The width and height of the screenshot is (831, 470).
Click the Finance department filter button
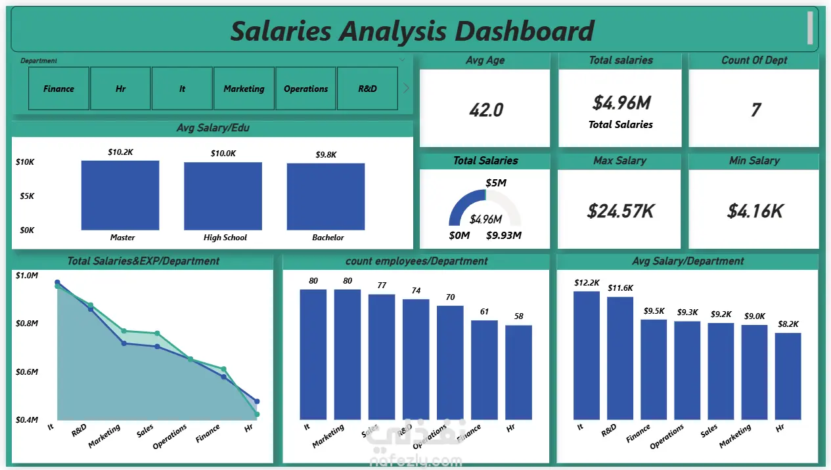pyautogui.click(x=58, y=89)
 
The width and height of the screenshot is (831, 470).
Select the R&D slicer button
pyautogui.click(x=367, y=89)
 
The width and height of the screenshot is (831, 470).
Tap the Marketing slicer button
pyautogui.click(x=244, y=89)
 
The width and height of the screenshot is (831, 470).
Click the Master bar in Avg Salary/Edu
pyautogui.click(x=120, y=195)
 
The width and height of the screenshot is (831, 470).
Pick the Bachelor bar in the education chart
pyautogui.click(x=326, y=196)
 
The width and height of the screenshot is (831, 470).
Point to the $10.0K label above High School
pyautogui.click(x=223, y=154)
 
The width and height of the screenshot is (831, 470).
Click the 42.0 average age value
pyautogui.click(x=486, y=110)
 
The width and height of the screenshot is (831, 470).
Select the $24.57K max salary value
pyautogui.click(x=619, y=211)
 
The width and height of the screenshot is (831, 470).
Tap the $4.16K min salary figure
pyautogui.click(x=755, y=211)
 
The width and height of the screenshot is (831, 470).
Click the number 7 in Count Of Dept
pyautogui.click(x=755, y=110)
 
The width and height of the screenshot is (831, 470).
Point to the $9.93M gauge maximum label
pyautogui.click(x=504, y=236)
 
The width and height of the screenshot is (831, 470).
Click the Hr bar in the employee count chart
pyautogui.click(x=519, y=372)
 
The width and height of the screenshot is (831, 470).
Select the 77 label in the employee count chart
pyautogui.click(x=382, y=286)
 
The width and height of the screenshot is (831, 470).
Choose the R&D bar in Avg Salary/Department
pyautogui.click(x=619, y=358)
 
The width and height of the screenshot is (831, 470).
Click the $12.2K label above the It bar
pyautogui.click(x=587, y=283)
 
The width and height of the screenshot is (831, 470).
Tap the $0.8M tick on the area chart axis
pyautogui.click(x=27, y=324)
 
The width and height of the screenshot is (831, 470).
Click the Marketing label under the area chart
pyautogui.click(x=105, y=437)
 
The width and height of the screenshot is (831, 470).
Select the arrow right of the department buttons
pyautogui.click(x=406, y=88)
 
